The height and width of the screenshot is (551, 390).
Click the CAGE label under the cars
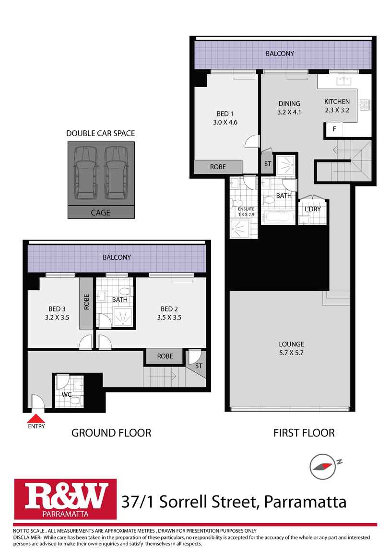pos(100,212)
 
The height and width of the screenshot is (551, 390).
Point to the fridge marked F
pos(334,129)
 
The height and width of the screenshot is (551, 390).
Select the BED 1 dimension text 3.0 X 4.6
pos(225,122)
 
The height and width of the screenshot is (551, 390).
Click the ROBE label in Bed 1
pos(218,167)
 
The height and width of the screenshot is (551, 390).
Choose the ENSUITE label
pos(244,209)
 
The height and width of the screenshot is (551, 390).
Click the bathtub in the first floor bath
pos(279,218)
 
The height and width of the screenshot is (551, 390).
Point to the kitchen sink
pos(344,80)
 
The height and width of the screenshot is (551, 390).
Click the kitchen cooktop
pos(365,104)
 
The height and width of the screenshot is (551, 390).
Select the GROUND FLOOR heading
pos(111,433)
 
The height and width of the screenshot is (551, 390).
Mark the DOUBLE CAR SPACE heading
pos(100,133)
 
